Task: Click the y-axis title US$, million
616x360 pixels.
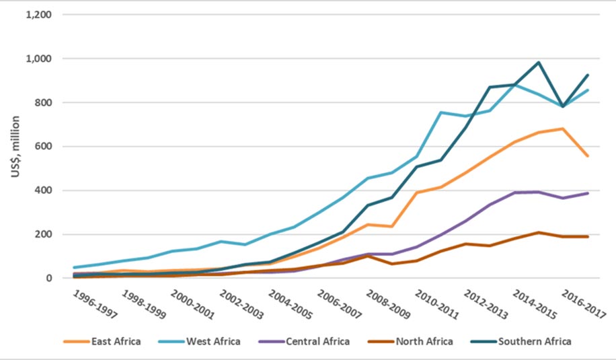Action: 15,146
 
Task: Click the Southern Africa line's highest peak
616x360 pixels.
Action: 539,63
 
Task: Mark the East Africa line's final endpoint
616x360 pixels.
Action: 588,156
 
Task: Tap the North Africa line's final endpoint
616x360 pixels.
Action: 588,236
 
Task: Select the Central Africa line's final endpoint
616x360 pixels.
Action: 588,193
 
